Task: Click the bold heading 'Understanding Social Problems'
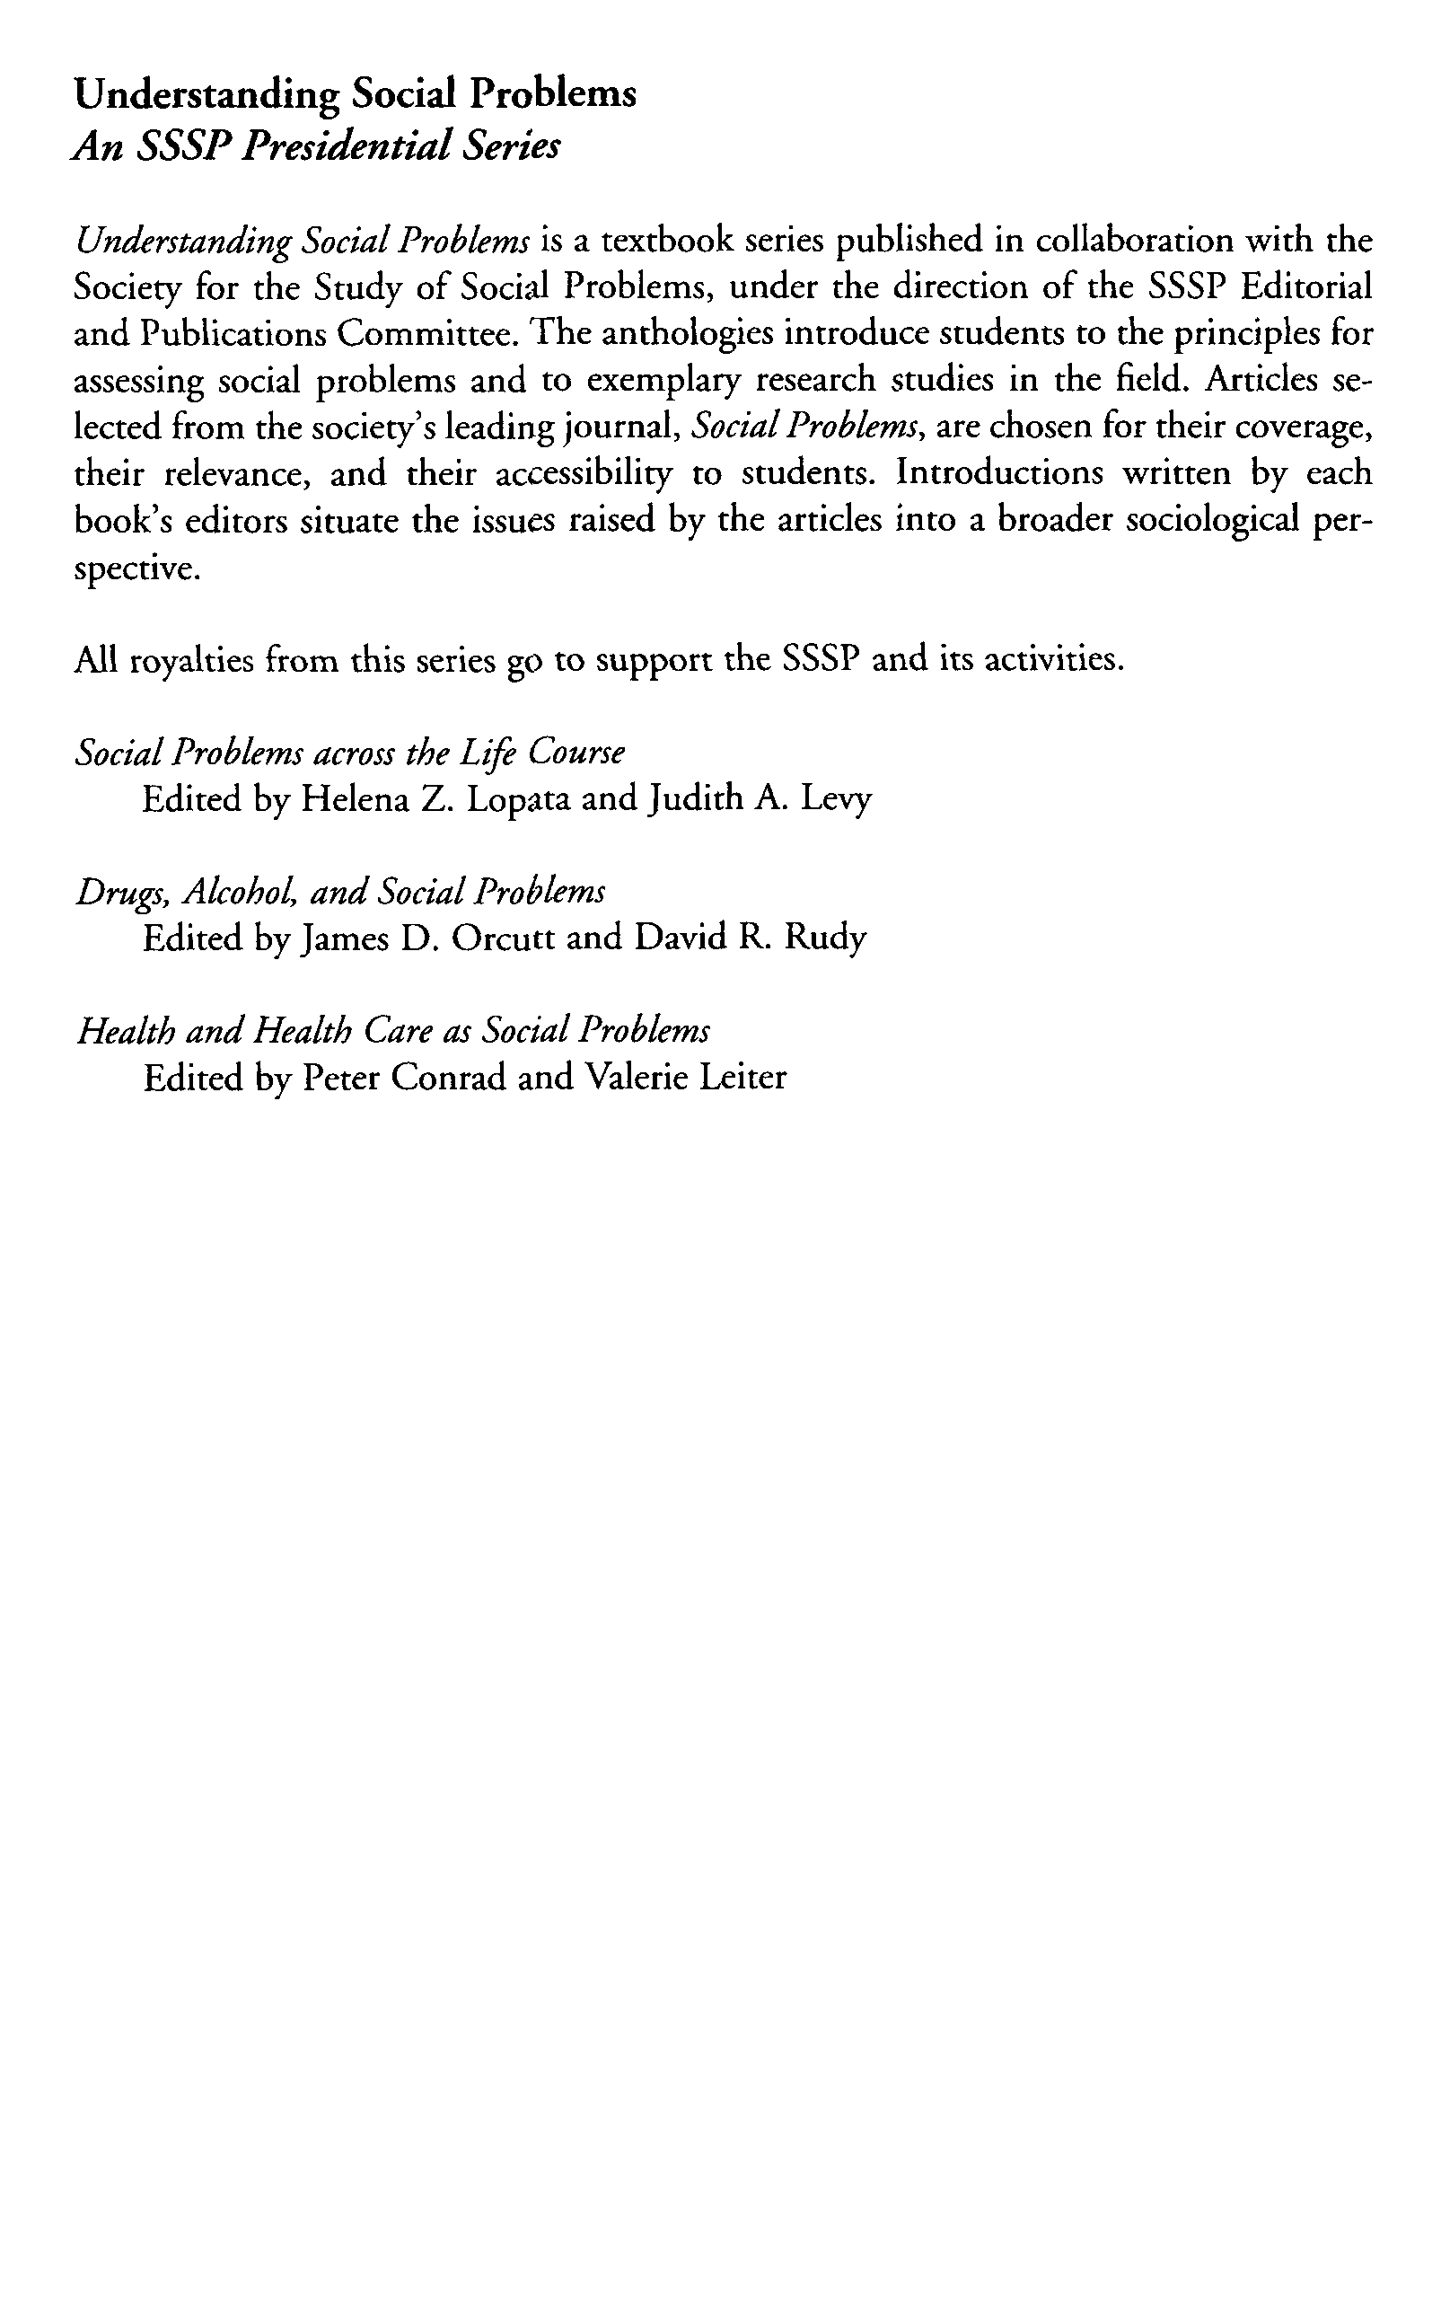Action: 355,96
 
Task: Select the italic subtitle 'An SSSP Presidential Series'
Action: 316,146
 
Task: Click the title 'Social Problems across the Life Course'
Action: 350,753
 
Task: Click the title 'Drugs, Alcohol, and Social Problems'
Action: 340,892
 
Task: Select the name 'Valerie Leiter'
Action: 685,1078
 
